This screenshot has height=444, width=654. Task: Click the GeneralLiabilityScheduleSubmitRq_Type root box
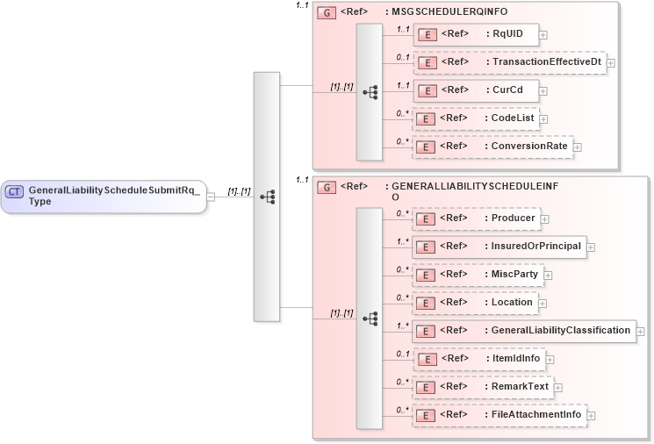coord(104,196)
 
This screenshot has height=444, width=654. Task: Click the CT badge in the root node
coord(15,190)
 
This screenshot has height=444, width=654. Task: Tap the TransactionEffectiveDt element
coord(508,62)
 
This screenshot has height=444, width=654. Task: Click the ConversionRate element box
coord(492,147)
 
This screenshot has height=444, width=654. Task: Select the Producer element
coord(477,217)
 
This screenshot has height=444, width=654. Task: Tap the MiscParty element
coord(478,275)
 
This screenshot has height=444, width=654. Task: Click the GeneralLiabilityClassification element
coord(523,331)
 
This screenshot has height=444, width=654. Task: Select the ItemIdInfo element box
coord(479,359)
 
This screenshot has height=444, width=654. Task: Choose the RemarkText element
coord(482,387)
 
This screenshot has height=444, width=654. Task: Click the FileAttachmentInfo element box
coord(499,415)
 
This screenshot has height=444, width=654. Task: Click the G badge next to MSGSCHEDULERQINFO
coord(325,12)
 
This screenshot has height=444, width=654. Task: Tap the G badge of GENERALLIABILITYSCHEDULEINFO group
coord(325,187)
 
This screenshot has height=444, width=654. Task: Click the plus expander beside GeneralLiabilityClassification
coord(641,332)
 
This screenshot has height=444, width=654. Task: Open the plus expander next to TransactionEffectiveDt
coord(610,63)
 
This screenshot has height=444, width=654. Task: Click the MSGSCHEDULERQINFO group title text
coord(449,12)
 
